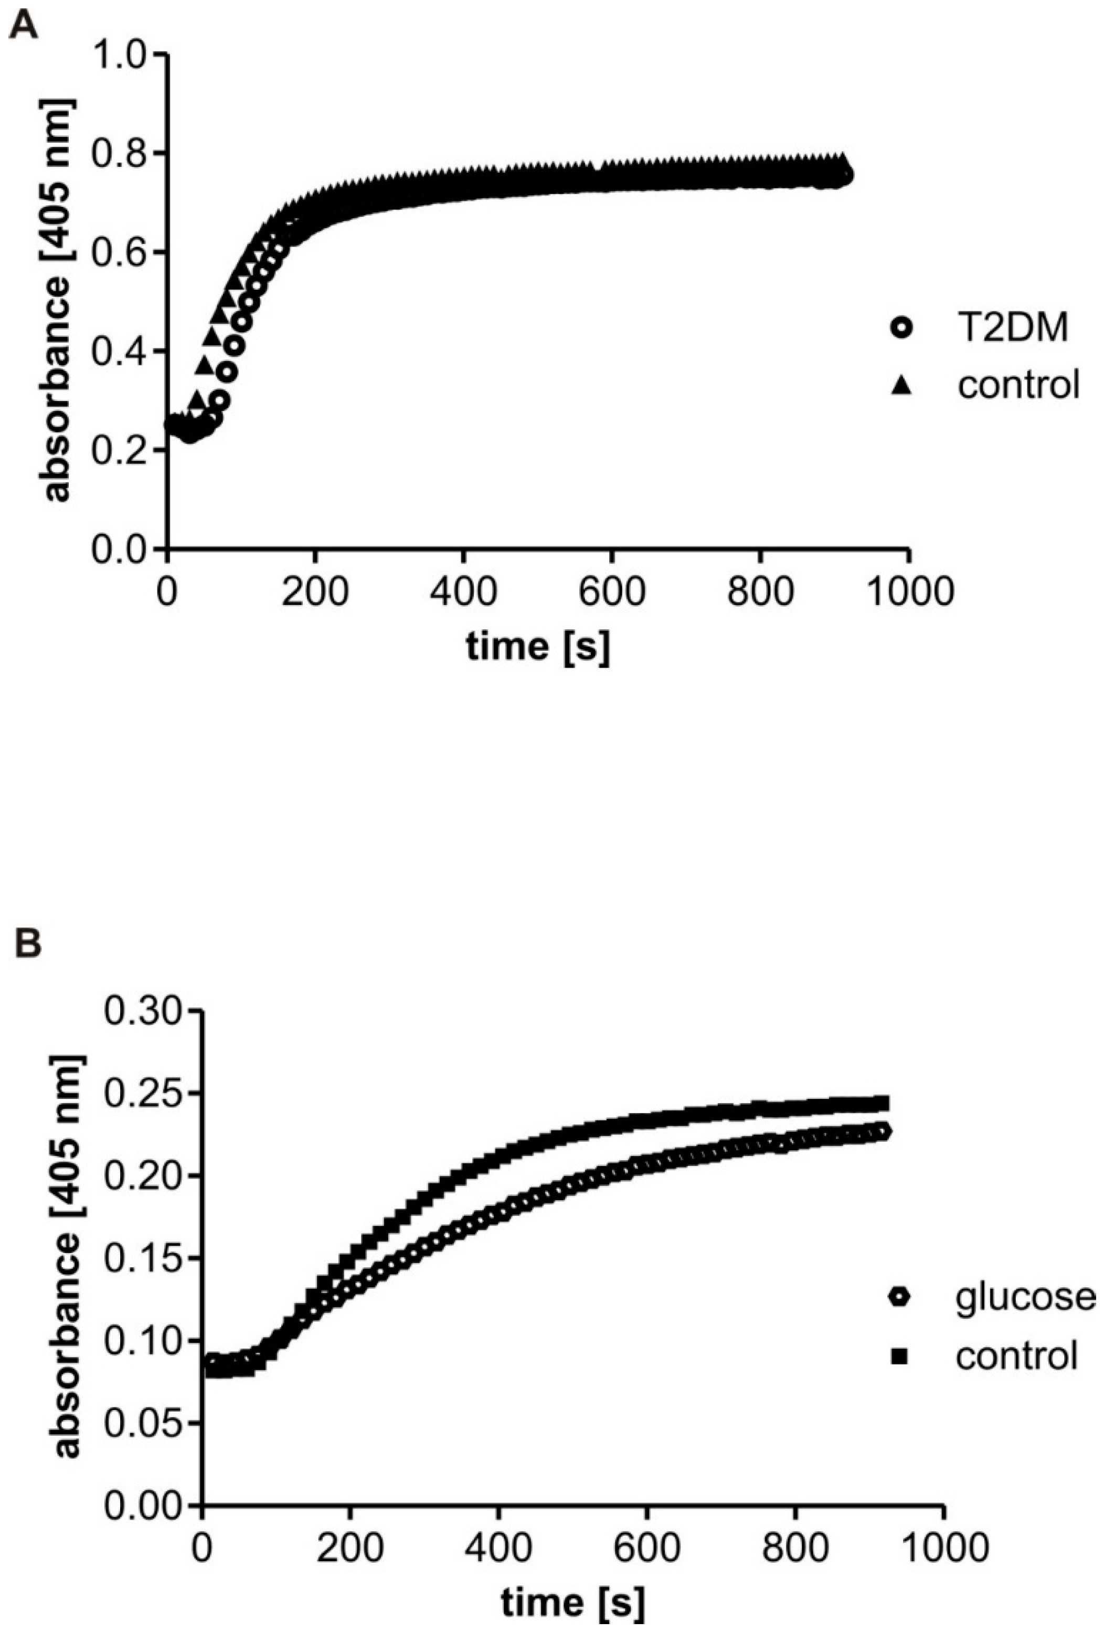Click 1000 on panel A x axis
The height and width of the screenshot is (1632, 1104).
pyautogui.click(x=909, y=592)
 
